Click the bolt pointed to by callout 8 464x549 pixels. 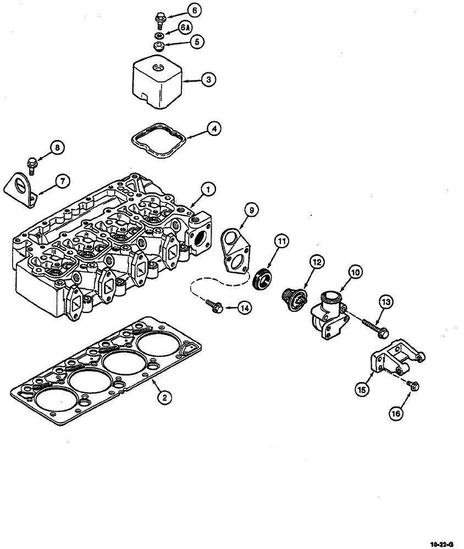pos(32,164)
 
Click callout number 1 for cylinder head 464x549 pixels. pos(208,189)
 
